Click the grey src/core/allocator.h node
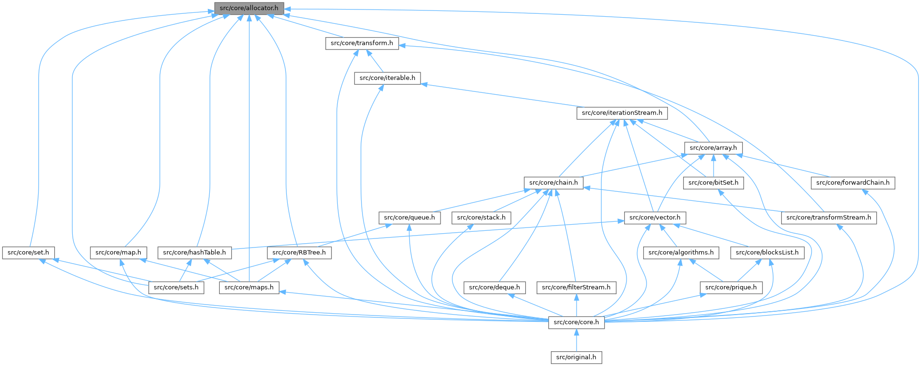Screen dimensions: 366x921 pyautogui.click(x=249, y=8)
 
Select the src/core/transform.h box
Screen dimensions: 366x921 pyautogui.click(x=362, y=43)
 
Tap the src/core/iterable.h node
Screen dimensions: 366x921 pyautogui.click(x=387, y=78)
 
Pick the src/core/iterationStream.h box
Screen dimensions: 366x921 pyautogui.click(x=622, y=113)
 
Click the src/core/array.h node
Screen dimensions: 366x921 pyautogui.click(x=713, y=148)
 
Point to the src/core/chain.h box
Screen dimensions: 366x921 pyautogui.click(x=553, y=182)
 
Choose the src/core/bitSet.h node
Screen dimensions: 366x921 pyautogui.click(x=713, y=182)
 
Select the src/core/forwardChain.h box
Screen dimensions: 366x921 pyautogui.click(x=852, y=182)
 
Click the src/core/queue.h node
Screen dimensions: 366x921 pyautogui.click(x=409, y=218)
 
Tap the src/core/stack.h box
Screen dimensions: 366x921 pyautogui.click(x=481, y=218)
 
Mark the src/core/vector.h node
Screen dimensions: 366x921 pyautogui.click(x=655, y=218)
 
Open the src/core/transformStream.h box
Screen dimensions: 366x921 pyautogui.click(x=828, y=218)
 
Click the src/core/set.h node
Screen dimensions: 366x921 pyautogui.click(x=28, y=252)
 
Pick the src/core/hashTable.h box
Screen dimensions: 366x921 pyautogui.click(x=194, y=252)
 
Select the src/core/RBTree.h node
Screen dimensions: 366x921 pyautogui.click(x=299, y=252)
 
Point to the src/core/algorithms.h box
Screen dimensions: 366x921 pyautogui.click(x=681, y=252)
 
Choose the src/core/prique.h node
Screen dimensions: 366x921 pyautogui.click(x=731, y=287)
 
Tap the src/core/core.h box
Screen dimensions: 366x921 pyautogui.click(x=576, y=322)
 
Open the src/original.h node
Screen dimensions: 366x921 pyautogui.click(x=576, y=357)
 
